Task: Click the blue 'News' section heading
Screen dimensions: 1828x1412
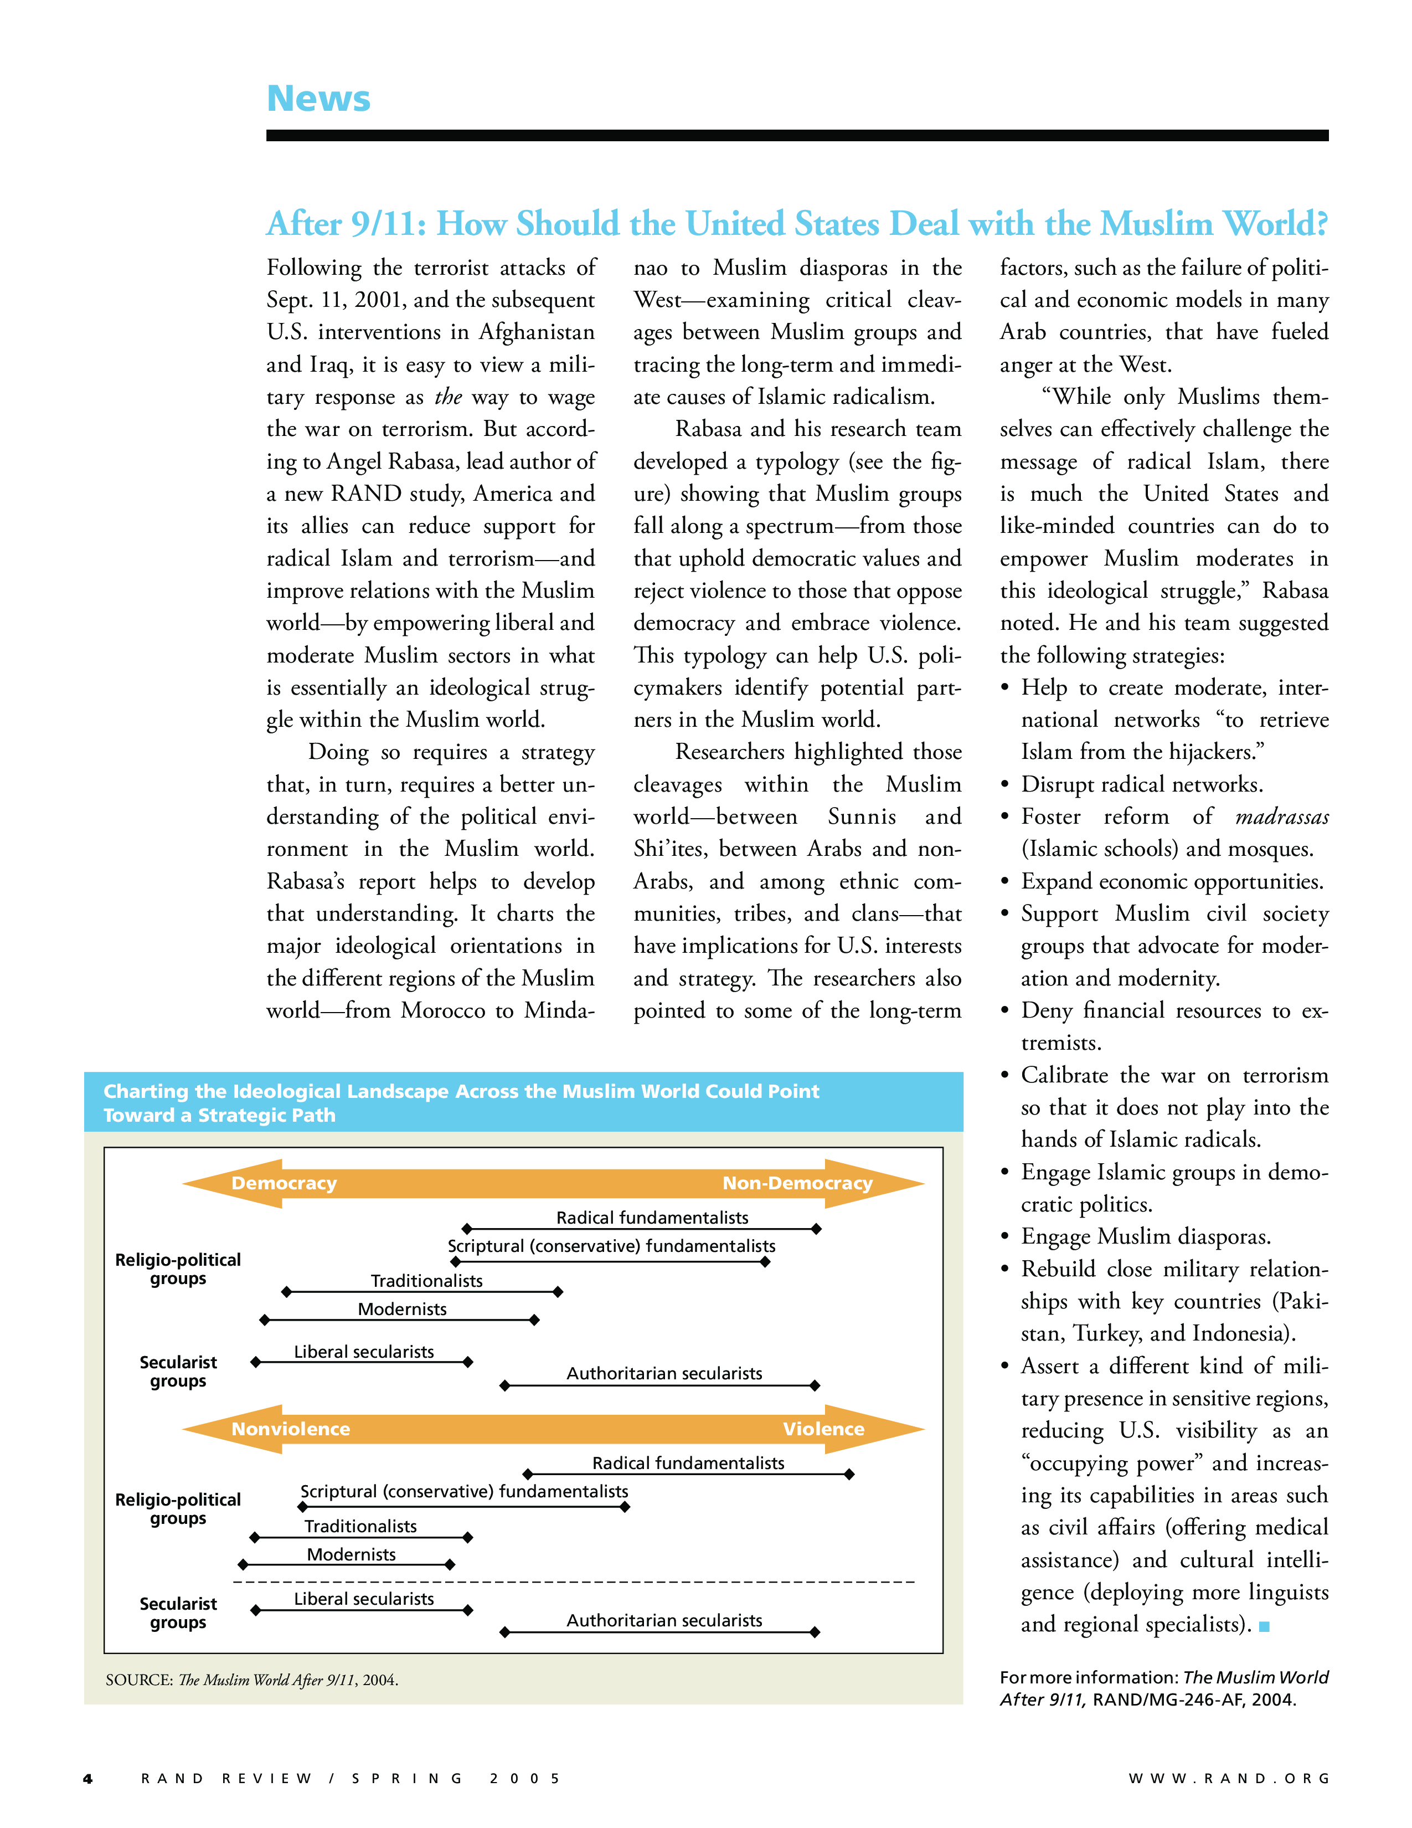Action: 318,99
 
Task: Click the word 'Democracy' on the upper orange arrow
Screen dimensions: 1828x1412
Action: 284,1183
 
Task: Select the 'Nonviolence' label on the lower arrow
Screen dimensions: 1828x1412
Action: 290,1429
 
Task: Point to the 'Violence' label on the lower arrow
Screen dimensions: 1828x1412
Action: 823,1429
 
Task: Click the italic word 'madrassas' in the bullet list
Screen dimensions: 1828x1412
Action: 1281,817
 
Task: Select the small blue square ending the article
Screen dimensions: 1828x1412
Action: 1264,1626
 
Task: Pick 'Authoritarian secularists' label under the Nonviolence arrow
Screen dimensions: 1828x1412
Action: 664,1620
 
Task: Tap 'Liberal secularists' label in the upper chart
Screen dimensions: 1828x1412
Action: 364,1352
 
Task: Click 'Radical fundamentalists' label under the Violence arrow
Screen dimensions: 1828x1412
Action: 688,1463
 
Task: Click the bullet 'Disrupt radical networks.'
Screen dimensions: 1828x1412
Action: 1141,785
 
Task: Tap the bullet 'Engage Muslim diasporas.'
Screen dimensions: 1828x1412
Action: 1145,1237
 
